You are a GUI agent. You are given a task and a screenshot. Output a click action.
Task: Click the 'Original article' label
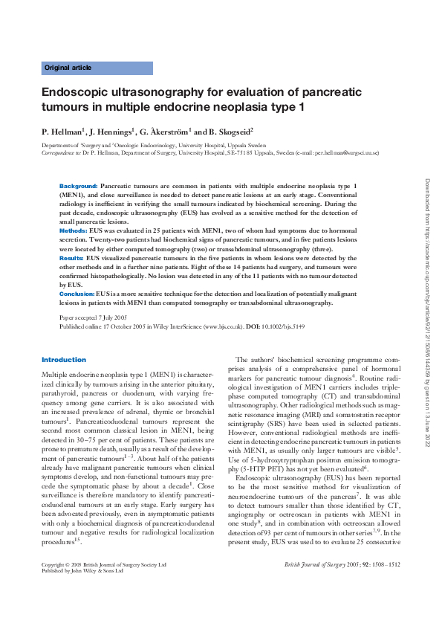(68, 68)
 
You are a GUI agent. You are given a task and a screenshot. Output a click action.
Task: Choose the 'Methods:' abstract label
(73, 232)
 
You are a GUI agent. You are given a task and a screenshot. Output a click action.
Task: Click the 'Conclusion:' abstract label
(77, 294)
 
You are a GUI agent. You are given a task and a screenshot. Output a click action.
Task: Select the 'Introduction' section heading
(64, 360)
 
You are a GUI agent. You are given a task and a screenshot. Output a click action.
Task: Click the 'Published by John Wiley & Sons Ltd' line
(83, 593)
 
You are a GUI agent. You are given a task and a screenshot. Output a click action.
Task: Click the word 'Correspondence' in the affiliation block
(59, 152)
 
